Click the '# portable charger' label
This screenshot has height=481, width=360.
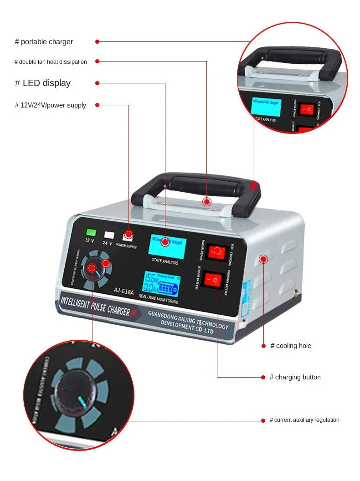pyautogui.click(x=44, y=42)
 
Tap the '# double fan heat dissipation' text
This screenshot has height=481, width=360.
pyautogui.click(x=51, y=62)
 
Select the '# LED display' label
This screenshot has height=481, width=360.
pyautogui.click(x=43, y=83)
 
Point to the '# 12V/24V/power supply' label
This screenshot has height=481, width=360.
pyautogui.click(x=51, y=105)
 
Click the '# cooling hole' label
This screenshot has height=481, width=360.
pyautogui.click(x=291, y=346)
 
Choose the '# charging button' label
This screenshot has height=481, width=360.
pyautogui.click(x=295, y=377)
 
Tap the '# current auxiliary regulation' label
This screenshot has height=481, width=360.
pyautogui.click(x=304, y=420)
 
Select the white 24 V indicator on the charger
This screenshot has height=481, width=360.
pyautogui.click(x=109, y=235)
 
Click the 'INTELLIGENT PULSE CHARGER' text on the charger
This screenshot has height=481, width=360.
pyautogui.click(x=96, y=305)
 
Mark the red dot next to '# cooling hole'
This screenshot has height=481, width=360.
pyautogui.click(x=263, y=346)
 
